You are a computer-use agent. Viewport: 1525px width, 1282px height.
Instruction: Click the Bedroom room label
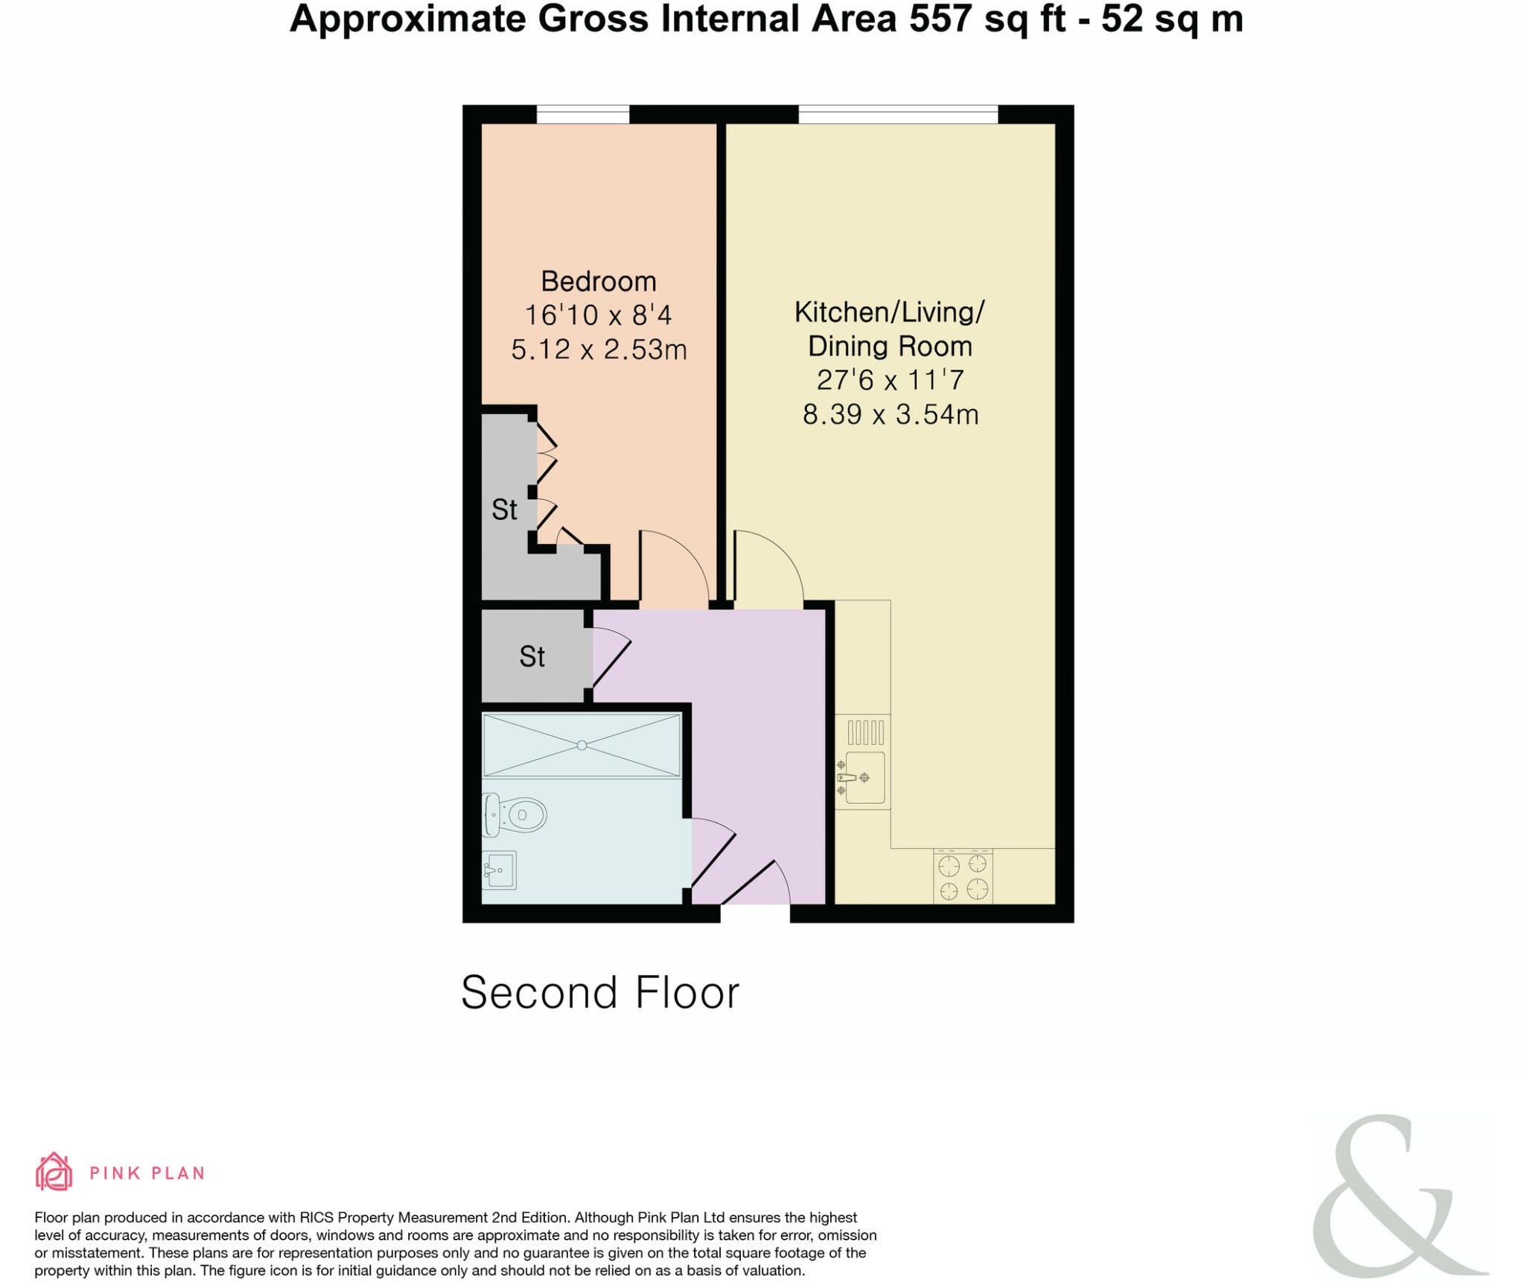pyautogui.click(x=598, y=282)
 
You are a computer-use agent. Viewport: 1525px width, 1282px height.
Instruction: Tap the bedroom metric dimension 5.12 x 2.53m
pyautogui.click(x=598, y=349)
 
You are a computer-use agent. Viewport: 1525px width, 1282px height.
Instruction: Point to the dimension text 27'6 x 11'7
pyautogui.click(x=890, y=380)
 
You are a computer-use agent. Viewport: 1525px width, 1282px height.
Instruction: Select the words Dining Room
pyautogui.click(x=890, y=346)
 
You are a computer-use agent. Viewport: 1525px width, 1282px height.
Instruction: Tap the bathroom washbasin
pyautogui.click(x=499, y=869)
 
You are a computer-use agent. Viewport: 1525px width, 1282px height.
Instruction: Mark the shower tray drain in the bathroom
pyautogui.click(x=582, y=745)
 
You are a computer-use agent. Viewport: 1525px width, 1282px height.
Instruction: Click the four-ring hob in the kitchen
pyautogui.click(x=962, y=877)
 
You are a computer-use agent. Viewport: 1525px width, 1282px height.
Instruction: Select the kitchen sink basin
pyautogui.click(x=865, y=777)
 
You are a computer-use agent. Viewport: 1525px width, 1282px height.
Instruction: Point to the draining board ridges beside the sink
pyautogui.click(x=865, y=732)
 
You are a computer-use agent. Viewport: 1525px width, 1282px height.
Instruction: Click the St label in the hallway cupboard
pyautogui.click(x=532, y=656)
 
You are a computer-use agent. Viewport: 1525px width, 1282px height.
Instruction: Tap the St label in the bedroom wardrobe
pyautogui.click(x=504, y=510)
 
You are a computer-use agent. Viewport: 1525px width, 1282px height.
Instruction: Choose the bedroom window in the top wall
pyautogui.click(x=582, y=115)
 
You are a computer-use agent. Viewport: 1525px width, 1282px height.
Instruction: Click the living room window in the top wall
pyautogui.click(x=897, y=115)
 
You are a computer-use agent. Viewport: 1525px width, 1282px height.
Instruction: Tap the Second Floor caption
pyautogui.click(x=599, y=992)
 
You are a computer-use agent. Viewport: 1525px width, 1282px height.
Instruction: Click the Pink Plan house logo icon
pyautogui.click(x=54, y=1172)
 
